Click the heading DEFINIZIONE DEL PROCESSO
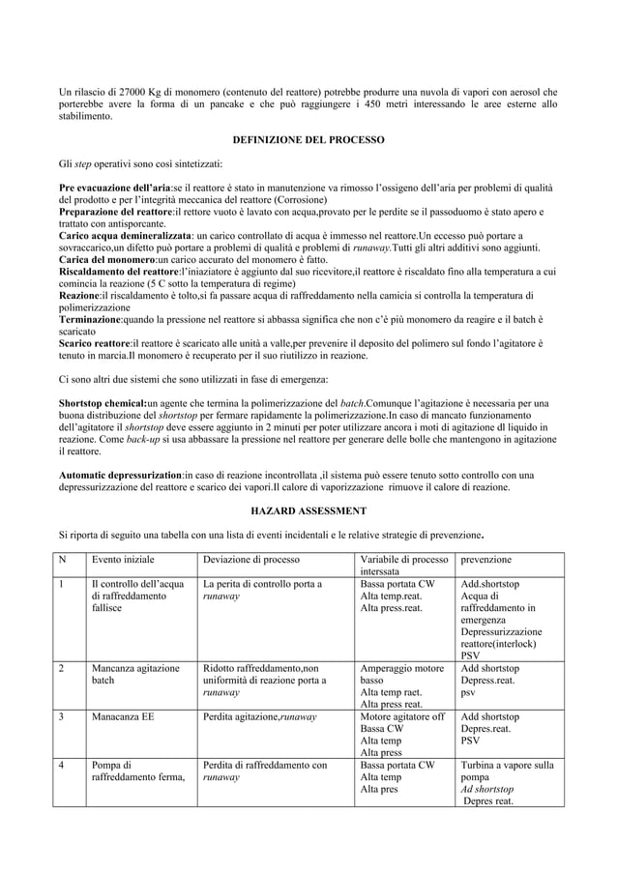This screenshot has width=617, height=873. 308,140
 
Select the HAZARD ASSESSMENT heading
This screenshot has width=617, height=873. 308,509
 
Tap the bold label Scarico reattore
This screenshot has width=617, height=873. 94,343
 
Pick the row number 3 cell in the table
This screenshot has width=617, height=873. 63,717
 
